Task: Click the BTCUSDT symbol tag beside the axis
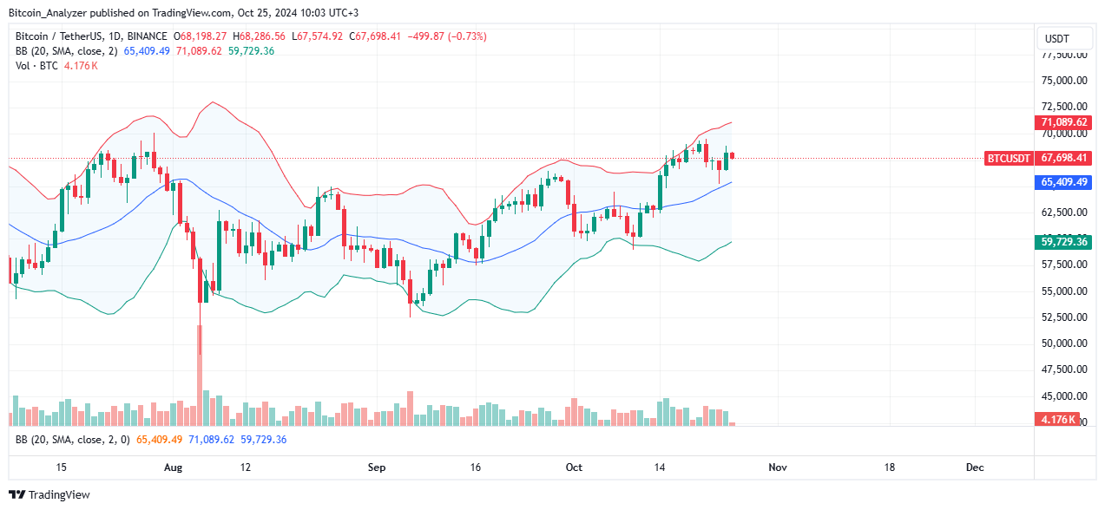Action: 1009,158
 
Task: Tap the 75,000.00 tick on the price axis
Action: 1064,81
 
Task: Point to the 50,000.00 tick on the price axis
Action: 1064,343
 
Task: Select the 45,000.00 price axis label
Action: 1064,396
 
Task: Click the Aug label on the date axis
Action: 173,467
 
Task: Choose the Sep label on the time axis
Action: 376,467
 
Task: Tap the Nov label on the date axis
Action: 777,467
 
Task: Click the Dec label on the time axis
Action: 974,467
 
